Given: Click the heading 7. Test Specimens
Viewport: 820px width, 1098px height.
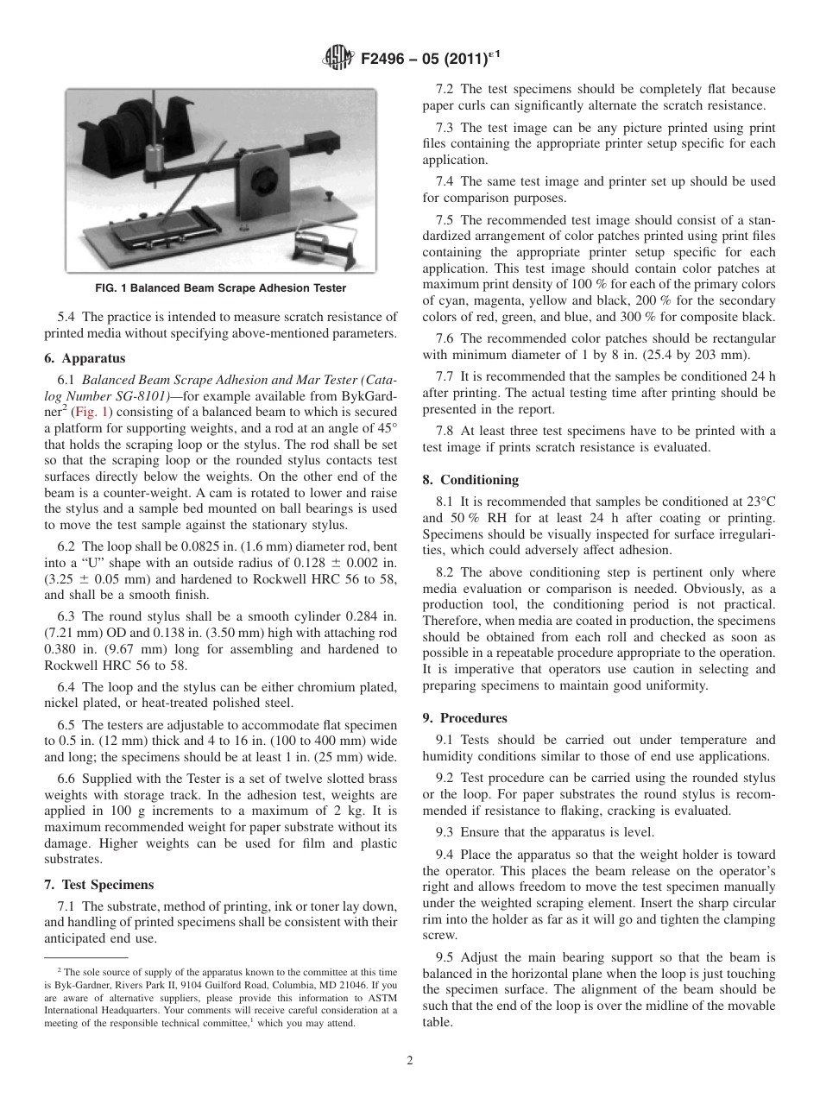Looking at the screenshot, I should coord(98,884).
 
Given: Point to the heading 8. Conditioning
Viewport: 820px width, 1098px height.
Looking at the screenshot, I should coord(470,479).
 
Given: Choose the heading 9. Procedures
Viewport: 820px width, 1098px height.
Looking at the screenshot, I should coord(464,717).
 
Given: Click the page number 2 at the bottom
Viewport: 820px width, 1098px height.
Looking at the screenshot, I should coord(410,1061).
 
